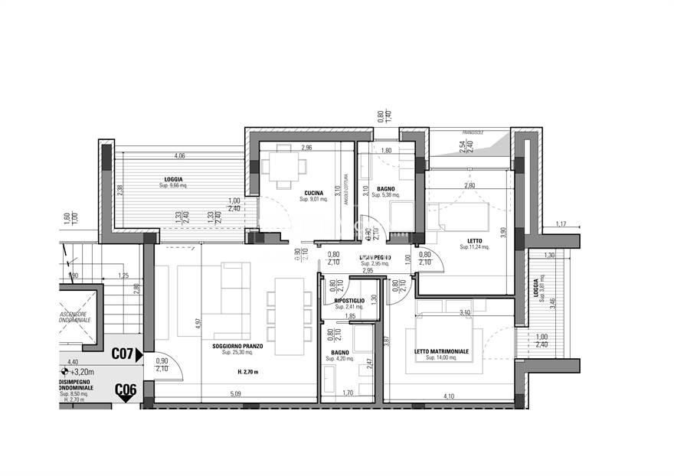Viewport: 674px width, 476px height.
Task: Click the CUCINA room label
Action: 312,193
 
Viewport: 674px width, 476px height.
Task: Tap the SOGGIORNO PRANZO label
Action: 237,346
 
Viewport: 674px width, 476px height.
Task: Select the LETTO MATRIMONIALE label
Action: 441,352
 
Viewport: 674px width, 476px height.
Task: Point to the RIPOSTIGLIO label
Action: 349,302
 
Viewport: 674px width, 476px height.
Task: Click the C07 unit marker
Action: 124,354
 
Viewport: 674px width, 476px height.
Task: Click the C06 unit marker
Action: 126,390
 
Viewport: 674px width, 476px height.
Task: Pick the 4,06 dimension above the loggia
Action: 179,157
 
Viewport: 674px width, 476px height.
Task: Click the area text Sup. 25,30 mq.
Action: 237,353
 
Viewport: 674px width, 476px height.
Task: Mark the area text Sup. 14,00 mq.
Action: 441,358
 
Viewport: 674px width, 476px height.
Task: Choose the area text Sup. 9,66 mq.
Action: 174,186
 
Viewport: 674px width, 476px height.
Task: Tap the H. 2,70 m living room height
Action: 248,372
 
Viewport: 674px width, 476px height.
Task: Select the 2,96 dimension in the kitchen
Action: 307,148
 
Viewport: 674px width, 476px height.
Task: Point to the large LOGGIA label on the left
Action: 173,179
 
